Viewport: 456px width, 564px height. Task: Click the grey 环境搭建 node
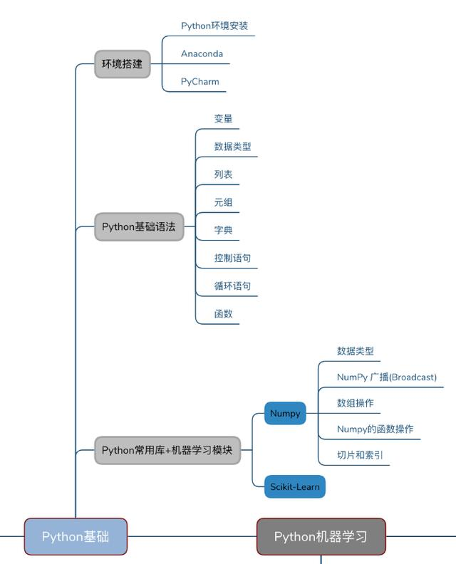point(122,64)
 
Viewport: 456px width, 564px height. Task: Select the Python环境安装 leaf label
point(214,26)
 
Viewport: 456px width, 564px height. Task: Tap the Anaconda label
point(202,54)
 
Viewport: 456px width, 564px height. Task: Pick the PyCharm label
point(199,82)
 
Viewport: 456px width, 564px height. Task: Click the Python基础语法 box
point(138,227)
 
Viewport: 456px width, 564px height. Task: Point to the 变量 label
point(223,119)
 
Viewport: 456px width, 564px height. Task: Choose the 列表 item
point(223,174)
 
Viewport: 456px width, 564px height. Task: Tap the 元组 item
point(223,202)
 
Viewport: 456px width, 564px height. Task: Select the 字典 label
point(223,230)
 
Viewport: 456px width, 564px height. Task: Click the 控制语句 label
point(232,258)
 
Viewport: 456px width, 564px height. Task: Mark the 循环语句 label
point(232,286)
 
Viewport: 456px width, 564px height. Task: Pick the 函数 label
point(223,313)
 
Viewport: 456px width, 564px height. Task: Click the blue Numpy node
point(285,413)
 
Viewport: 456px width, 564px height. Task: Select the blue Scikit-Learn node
point(295,487)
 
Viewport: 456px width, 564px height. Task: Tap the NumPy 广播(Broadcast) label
point(386,377)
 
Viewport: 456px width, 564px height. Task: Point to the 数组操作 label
point(355,403)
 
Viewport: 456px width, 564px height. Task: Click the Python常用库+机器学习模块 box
point(167,450)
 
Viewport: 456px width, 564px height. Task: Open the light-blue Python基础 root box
point(76,536)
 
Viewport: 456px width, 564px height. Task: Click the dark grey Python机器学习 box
point(321,536)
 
